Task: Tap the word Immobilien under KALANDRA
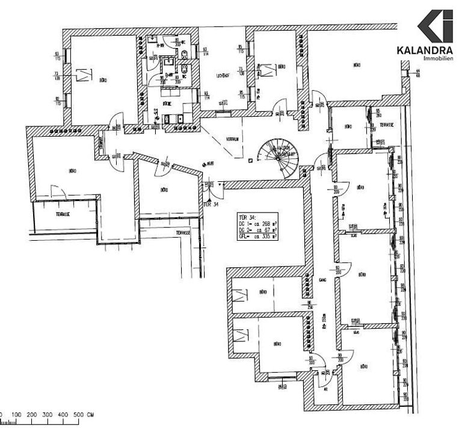439,58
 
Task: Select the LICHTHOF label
224,76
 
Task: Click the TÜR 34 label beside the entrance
211,204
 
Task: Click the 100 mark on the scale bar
16,415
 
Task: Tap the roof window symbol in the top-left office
84,75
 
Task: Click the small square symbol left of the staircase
250,160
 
